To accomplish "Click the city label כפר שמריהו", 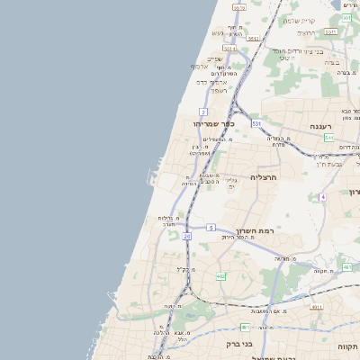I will [211, 123].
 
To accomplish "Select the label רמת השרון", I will [254, 230].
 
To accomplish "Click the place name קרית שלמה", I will [298, 21].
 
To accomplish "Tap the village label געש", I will [218, 33].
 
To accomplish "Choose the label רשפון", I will [219, 90].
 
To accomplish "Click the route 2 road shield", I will [204, 111].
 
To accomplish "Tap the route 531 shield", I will [256, 122].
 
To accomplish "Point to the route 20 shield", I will [186, 236].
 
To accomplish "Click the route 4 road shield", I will [322, 196].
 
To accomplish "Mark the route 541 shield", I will [329, 138].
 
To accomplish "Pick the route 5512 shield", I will [254, 39].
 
